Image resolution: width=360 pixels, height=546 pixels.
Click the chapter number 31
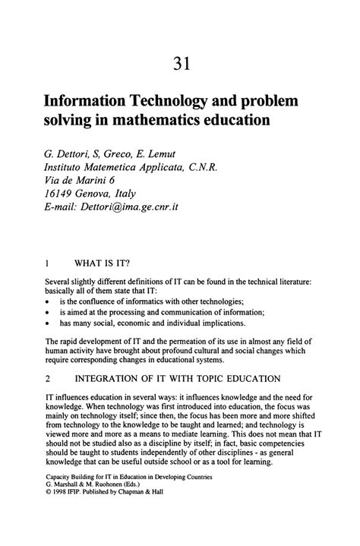pyautogui.click(x=179, y=63)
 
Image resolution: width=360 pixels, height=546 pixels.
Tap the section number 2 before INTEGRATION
pyautogui.click(x=48, y=377)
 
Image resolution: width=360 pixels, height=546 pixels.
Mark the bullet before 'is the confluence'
pyautogui.click(x=48, y=301)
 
